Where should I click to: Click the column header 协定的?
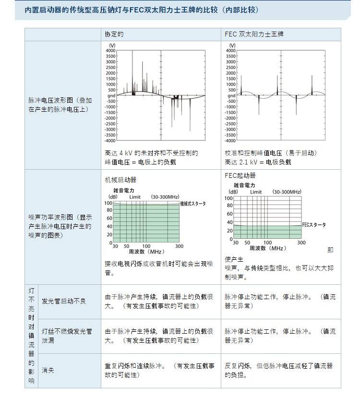[114, 35]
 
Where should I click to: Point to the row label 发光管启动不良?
[64, 301]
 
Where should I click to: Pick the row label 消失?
[48, 370]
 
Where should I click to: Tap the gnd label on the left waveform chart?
[111, 95]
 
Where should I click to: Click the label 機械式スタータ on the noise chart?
[193, 204]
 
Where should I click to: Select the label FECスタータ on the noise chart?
[314, 224]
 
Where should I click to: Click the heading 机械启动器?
[120, 180]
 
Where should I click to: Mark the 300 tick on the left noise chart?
[179, 246]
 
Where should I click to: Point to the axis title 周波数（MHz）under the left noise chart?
[146, 251]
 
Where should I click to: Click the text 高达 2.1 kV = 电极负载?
[258, 162]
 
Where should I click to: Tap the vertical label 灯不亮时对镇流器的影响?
[31, 336]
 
